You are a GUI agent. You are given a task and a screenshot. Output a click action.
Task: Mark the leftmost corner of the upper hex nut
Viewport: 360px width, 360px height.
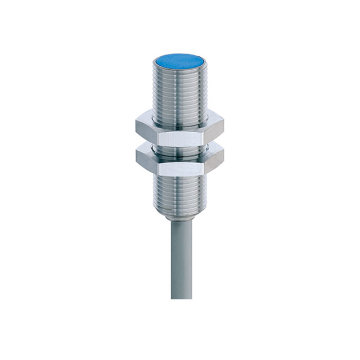[135, 128]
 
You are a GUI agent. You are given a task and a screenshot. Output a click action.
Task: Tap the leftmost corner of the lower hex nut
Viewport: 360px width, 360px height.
[135, 159]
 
